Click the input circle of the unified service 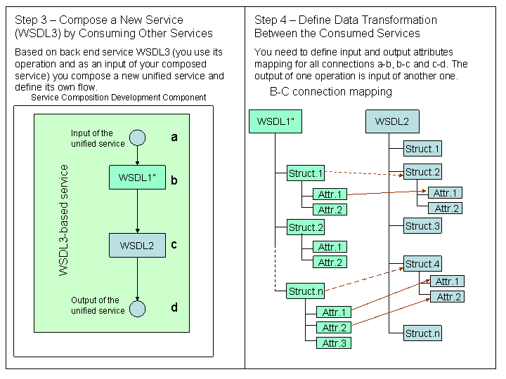pyautogui.click(x=138, y=138)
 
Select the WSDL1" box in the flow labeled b pyautogui.click(x=137, y=178)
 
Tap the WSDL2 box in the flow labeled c pyautogui.click(x=137, y=246)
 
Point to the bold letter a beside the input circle pyautogui.click(x=174, y=138)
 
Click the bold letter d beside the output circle pyautogui.click(x=174, y=307)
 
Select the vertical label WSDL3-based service pyautogui.click(x=64, y=220)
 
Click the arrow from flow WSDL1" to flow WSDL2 pyautogui.click(x=138, y=211)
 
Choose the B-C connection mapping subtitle pyautogui.click(x=330, y=92)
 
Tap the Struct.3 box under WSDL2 pyautogui.click(x=422, y=226)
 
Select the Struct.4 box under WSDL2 pyautogui.click(x=422, y=265)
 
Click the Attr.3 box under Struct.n pyautogui.click(x=334, y=343)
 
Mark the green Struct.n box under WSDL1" pyautogui.click(x=306, y=291)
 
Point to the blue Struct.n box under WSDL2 pyautogui.click(x=422, y=333)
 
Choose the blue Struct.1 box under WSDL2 pyautogui.click(x=422, y=149)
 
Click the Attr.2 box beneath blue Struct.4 pyautogui.click(x=448, y=297)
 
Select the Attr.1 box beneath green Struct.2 pyautogui.click(x=330, y=247)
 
